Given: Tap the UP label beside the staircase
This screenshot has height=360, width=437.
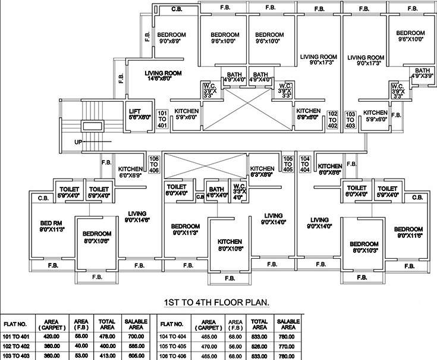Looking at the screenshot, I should point(78,142).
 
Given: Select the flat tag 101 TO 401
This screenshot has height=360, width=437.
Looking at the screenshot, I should point(162,119).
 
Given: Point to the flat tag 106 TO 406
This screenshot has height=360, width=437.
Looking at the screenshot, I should point(154,165).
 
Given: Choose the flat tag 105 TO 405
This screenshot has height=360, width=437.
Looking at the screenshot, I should point(288,165).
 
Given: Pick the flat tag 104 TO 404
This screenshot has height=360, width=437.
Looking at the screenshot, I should point(306,165).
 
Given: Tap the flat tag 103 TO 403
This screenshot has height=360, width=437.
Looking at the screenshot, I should point(350,119).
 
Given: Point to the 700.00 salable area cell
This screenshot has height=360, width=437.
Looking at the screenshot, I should point(136,336).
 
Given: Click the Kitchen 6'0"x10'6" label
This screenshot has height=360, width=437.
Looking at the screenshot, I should point(229,245).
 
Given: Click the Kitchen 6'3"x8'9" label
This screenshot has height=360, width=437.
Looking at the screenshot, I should point(262,171).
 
